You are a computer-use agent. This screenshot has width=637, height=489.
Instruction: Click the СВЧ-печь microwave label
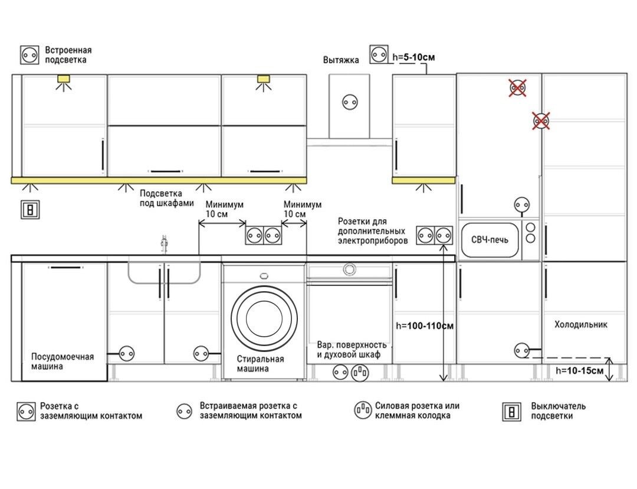[490, 240]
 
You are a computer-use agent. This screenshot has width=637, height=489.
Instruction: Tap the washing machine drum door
[264, 318]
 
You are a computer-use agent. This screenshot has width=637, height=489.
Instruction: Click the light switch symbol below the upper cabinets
[31, 210]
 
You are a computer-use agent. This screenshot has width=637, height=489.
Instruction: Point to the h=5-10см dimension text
[413, 57]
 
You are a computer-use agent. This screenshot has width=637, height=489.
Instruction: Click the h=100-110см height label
[425, 326]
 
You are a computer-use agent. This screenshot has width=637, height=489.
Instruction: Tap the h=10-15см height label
[579, 371]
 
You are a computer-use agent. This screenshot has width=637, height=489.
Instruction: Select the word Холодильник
[581, 325]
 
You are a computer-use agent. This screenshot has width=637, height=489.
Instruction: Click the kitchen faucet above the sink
[164, 244]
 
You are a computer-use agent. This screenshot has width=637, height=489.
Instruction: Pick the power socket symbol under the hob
[360, 372]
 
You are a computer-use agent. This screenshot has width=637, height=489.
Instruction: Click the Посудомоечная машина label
[63, 361]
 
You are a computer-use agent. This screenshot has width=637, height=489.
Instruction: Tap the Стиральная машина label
[261, 364]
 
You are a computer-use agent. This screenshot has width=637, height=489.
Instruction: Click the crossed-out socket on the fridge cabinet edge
[541, 121]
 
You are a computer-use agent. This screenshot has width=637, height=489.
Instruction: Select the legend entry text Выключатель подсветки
[558, 411]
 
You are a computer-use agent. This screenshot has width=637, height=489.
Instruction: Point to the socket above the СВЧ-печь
[522, 204]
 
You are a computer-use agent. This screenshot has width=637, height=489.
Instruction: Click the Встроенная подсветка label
[68, 55]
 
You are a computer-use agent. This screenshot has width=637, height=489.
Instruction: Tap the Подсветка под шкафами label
[166, 198]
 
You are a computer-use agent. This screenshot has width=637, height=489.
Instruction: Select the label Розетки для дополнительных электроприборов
[373, 231]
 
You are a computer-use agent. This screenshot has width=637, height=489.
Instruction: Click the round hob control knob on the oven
[349, 269]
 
